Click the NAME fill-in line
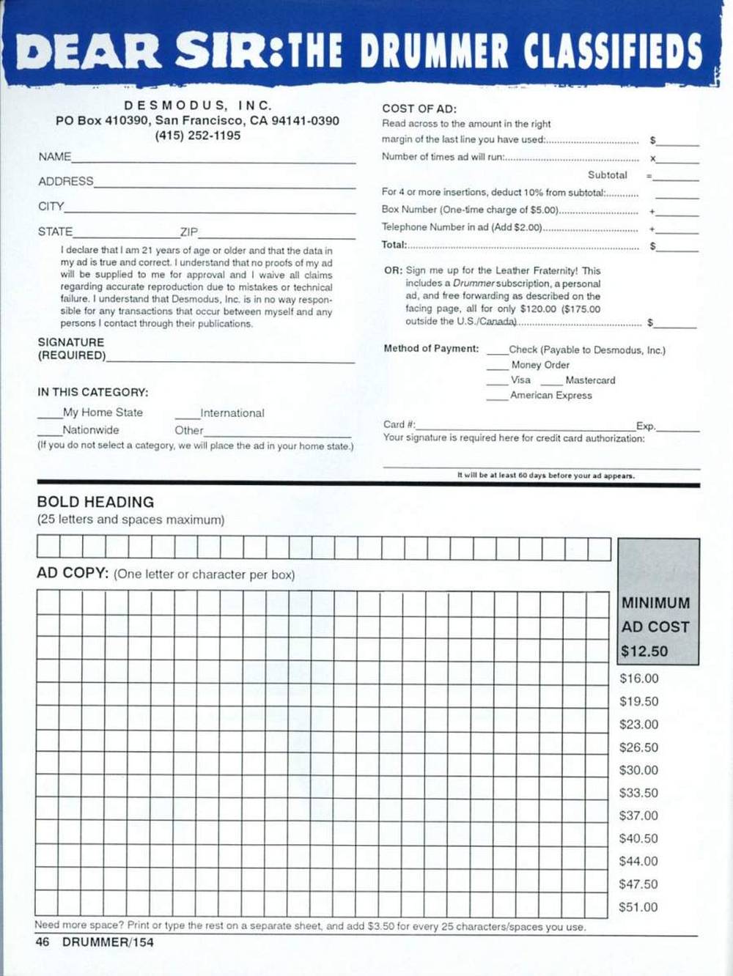coord(213,160)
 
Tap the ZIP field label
coord(189,232)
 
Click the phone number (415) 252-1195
coord(197,136)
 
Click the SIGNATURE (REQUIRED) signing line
coord(230,361)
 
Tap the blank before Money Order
coord(497,367)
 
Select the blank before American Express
coord(497,398)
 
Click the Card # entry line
coord(524,429)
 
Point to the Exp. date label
coord(646,426)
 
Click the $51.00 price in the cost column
coord(638,907)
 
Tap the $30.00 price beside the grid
coord(638,770)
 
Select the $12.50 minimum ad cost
coord(644,651)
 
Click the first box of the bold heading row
coord(48,548)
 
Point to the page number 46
coord(43,942)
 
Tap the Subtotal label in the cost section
coord(607,175)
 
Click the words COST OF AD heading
coord(419,108)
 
